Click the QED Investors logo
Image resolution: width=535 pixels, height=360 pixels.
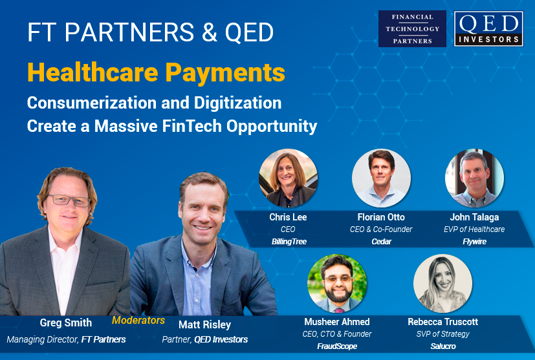pyautogui.click(x=488, y=28)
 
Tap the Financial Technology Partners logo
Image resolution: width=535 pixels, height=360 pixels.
pyautogui.click(x=412, y=28)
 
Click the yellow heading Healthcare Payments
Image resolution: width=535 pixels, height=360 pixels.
pyautogui.click(x=157, y=72)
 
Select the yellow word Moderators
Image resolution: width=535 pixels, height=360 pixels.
pyautogui.click(x=138, y=320)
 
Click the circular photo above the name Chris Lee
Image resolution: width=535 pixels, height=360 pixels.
pyautogui.click(x=289, y=178)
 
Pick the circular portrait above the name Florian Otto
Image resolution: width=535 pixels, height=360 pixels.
pyautogui.click(x=382, y=178)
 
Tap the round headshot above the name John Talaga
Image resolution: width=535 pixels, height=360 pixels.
pyautogui.click(x=474, y=178)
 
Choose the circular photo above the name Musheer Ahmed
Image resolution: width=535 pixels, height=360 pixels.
pyautogui.click(x=337, y=284)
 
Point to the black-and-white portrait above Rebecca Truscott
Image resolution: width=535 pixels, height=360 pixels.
pyautogui.click(x=443, y=284)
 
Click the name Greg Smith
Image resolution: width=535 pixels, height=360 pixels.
pyautogui.click(x=66, y=323)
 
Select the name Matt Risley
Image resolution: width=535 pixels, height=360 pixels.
pyautogui.click(x=204, y=324)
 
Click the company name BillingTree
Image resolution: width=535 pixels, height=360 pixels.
pyautogui.click(x=289, y=242)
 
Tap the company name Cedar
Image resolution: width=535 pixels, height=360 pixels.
pyautogui.click(x=382, y=242)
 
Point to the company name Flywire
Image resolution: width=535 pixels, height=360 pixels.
pyautogui.click(x=475, y=242)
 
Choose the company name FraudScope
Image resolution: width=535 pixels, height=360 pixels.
pyautogui.click(x=337, y=346)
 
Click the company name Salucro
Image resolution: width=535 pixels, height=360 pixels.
pyautogui.click(x=443, y=346)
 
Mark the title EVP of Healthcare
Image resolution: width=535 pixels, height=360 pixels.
pyautogui.click(x=474, y=229)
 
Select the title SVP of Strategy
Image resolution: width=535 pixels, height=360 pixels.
pyautogui.click(x=443, y=334)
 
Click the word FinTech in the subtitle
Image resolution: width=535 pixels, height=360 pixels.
pyautogui.click(x=192, y=126)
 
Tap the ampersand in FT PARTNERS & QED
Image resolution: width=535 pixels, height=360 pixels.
pyautogui.click(x=210, y=32)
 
